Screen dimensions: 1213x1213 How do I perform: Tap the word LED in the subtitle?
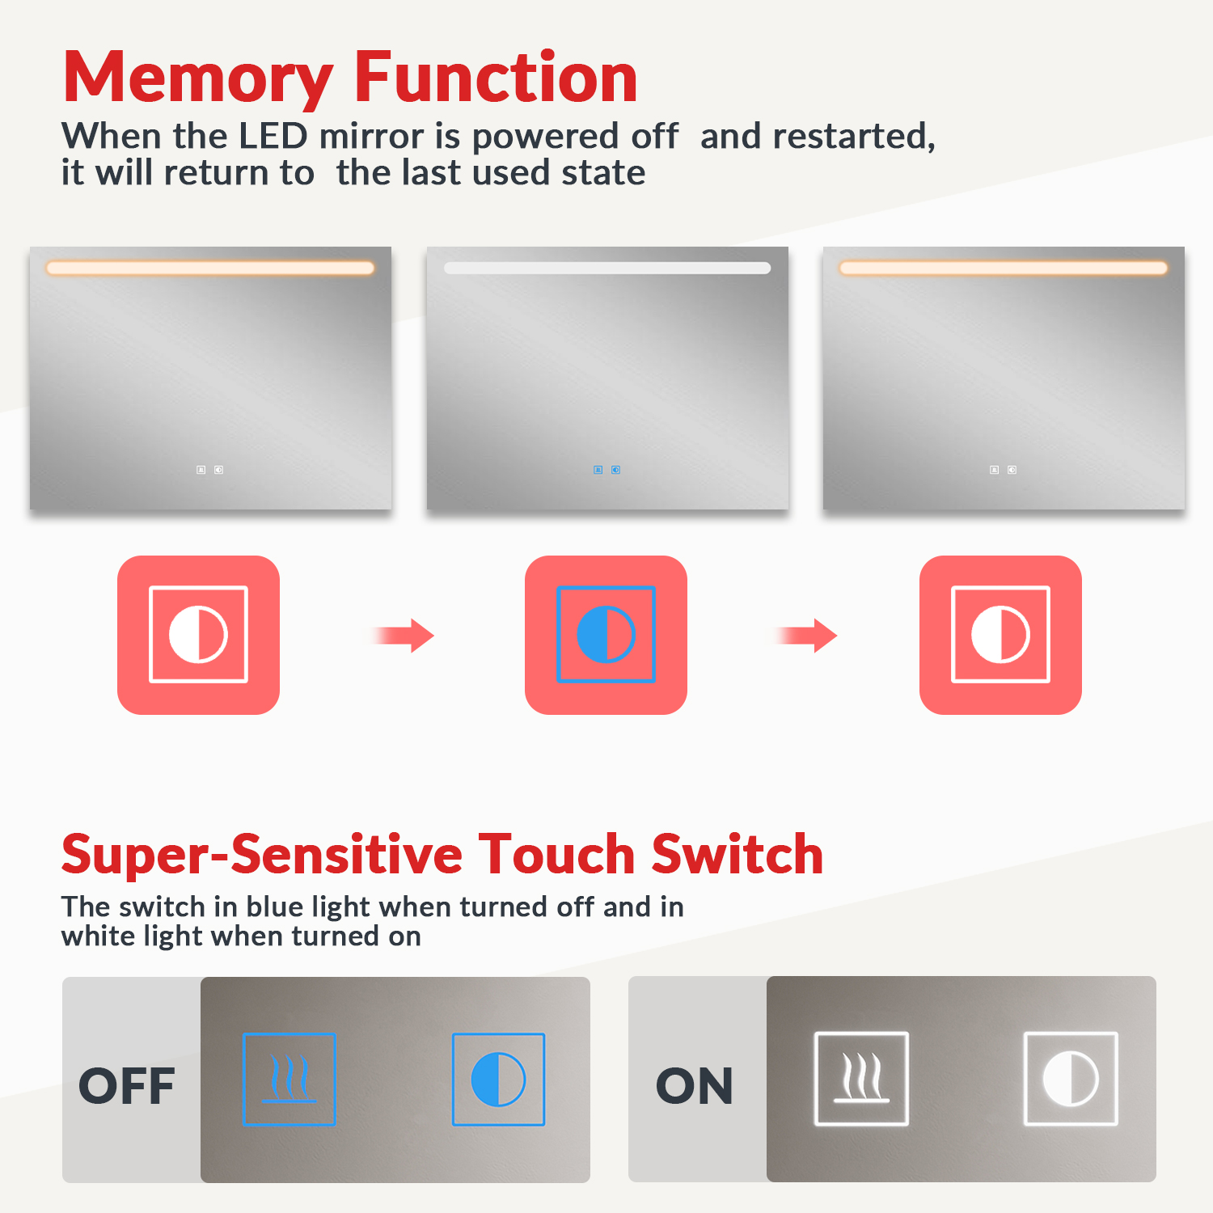click(273, 136)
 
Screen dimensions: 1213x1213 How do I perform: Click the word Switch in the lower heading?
click(738, 854)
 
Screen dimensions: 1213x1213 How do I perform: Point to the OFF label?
click(127, 1085)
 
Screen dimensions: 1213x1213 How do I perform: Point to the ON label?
click(695, 1085)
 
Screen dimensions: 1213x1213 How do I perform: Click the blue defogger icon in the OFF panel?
click(290, 1080)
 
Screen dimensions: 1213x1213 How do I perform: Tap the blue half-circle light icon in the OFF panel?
click(498, 1080)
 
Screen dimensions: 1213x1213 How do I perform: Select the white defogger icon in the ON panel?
click(861, 1079)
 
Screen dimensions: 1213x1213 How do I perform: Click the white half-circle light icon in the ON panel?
click(1071, 1079)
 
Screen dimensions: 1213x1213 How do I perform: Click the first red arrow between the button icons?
click(404, 636)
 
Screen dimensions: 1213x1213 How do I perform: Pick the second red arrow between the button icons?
click(805, 636)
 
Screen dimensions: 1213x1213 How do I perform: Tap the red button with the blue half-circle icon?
click(606, 635)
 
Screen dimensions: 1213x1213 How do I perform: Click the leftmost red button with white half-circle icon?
click(198, 635)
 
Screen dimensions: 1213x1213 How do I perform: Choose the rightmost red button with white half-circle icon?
click(1000, 635)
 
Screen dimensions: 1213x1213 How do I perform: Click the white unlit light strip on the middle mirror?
click(607, 268)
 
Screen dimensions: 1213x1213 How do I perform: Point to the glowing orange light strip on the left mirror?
click(210, 268)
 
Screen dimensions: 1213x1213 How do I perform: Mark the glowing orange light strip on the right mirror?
click(1004, 268)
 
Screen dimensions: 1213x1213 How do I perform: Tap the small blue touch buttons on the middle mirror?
click(607, 470)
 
